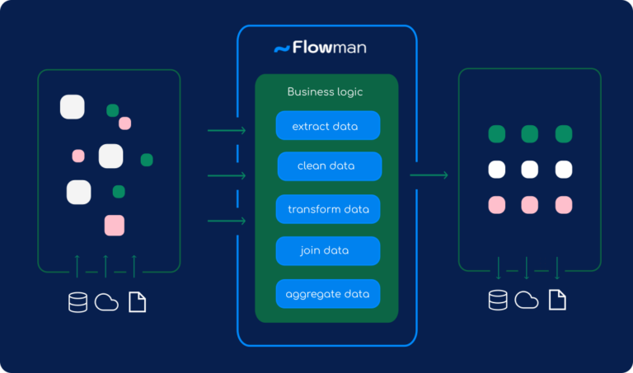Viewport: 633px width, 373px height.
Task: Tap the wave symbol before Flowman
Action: click(x=281, y=49)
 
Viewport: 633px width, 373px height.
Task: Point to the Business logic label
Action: click(x=325, y=92)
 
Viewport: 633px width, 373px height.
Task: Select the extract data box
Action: click(x=328, y=126)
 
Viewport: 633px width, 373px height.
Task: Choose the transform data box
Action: click(x=328, y=209)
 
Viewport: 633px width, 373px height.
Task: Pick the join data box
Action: click(x=327, y=250)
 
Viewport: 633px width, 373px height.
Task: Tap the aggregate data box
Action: click(x=327, y=294)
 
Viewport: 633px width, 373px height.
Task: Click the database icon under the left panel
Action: click(x=77, y=302)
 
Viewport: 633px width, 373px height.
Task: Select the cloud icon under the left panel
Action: click(x=106, y=302)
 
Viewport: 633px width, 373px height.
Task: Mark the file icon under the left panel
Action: click(x=137, y=302)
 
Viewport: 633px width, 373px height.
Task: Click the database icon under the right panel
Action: click(x=498, y=301)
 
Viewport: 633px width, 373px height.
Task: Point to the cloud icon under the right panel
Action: click(x=527, y=301)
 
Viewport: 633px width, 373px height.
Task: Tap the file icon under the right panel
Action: click(x=557, y=301)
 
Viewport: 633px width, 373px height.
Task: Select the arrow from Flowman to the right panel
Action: click(x=429, y=175)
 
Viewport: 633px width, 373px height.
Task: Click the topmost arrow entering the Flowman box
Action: click(x=227, y=130)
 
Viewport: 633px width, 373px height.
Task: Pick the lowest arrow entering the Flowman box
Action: click(x=227, y=221)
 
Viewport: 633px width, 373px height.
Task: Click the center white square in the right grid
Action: click(x=530, y=170)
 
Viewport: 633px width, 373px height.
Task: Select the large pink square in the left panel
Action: click(x=114, y=225)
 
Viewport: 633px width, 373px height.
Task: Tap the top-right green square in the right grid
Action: click(x=564, y=133)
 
